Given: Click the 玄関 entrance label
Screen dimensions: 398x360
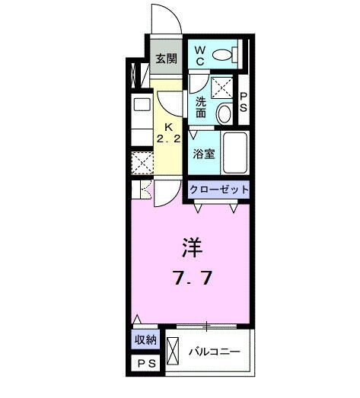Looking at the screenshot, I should tap(166, 59).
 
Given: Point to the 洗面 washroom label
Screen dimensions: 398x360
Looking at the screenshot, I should tap(201, 107).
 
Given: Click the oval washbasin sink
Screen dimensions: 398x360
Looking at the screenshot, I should tap(225, 114).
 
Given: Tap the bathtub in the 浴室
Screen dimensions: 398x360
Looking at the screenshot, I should tap(236, 154).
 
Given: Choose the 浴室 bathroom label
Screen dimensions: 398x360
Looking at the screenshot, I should tap(203, 153).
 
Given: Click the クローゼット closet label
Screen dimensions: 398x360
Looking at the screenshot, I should tap(219, 190).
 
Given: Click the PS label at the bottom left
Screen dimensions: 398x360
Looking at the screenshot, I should tap(145, 365).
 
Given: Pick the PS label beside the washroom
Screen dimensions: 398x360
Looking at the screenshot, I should tap(244, 102).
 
